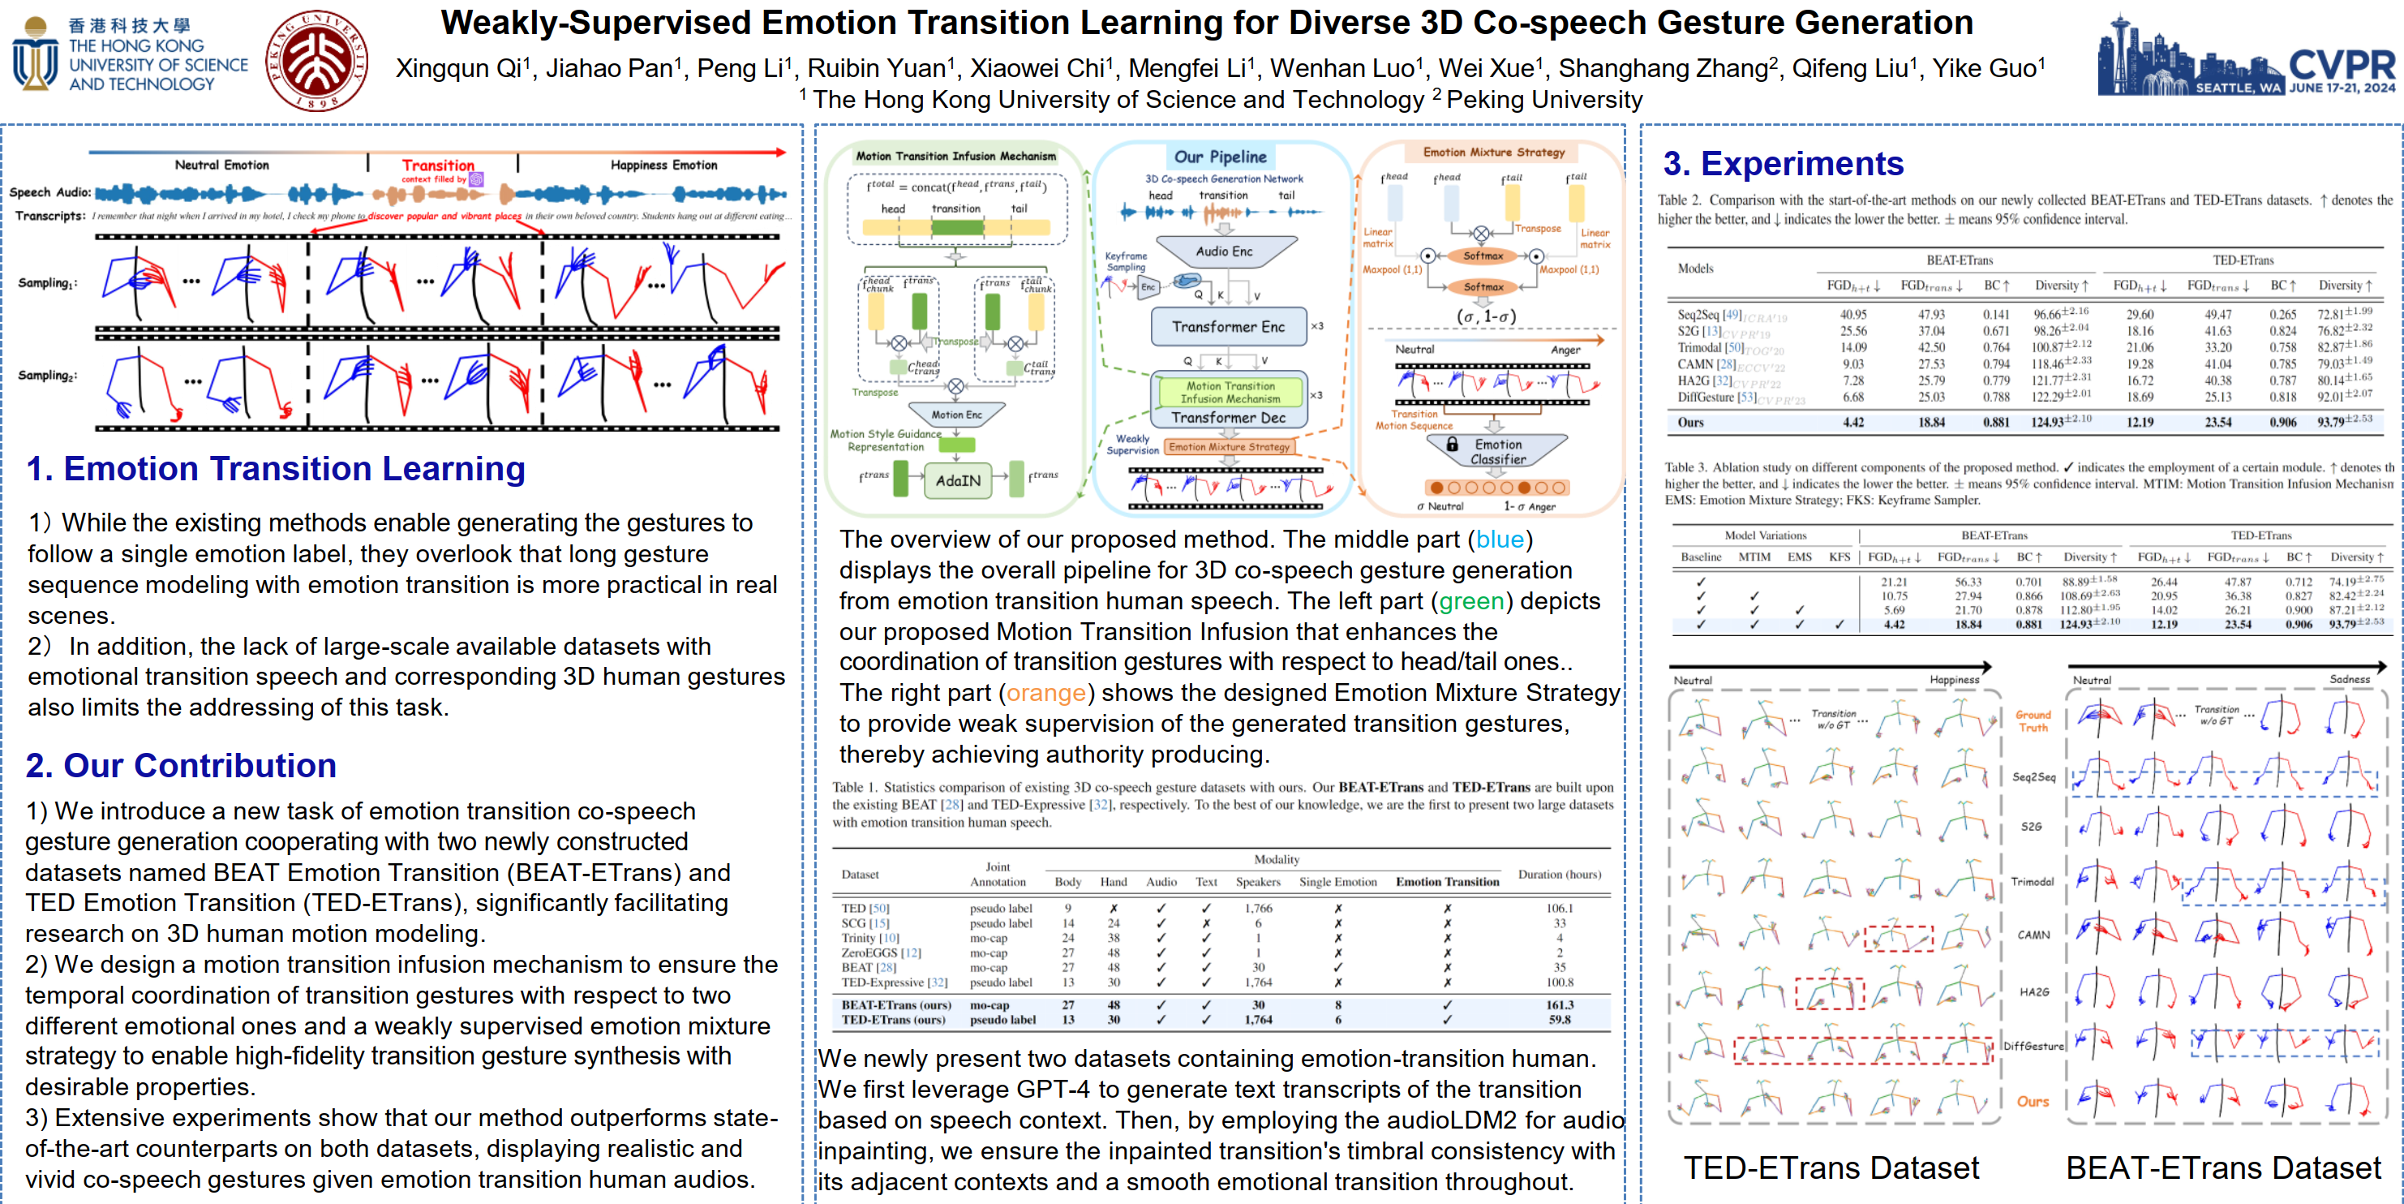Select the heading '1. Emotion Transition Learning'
[275, 468]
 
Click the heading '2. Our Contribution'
[181, 765]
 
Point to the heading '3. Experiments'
[1783, 164]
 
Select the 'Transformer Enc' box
[1227, 327]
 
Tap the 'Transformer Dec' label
[1228, 418]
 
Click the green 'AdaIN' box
[958, 480]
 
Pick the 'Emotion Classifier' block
[1497, 452]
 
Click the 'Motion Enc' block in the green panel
[955, 415]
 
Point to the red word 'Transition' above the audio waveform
[438, 166]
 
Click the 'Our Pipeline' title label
[1220, 157]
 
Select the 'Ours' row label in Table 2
[1690, 423]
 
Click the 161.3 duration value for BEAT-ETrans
[1559, 1005]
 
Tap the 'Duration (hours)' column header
[1559, 875]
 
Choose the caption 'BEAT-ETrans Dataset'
[2222, 1167]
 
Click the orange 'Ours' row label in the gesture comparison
[2033, 1101]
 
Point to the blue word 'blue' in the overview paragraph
[1500, 540]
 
